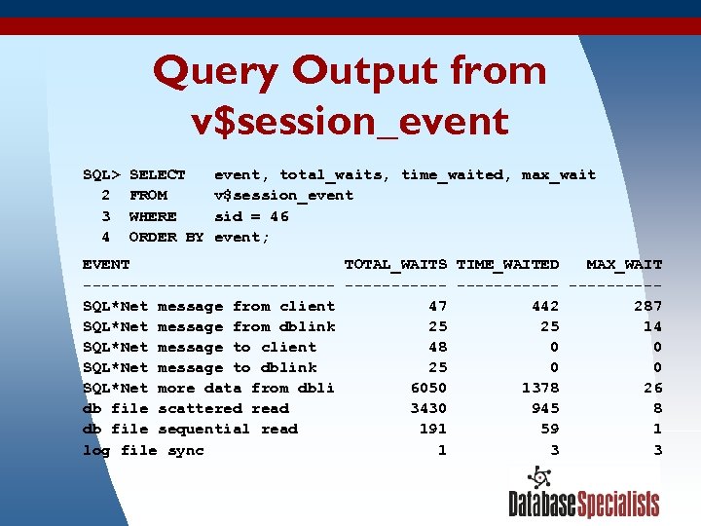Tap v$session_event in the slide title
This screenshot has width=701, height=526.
(350, 122)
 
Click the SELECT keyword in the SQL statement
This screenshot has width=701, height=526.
(157, 175)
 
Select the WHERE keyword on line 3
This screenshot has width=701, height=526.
(153, 216)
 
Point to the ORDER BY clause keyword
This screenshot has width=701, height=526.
(166, 237)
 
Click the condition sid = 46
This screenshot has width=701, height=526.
(251, 216)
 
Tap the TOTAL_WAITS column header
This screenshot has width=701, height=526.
(395, 264)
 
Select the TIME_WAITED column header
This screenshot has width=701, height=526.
(507, 264)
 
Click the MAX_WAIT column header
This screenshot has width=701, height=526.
(623, 264)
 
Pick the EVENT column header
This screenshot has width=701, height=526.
(106, 264)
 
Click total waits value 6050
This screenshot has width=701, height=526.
(428, 388)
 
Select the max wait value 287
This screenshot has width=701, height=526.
(647, 306)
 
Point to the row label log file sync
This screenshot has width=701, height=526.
(143, 450)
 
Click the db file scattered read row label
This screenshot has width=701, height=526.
(186, 409)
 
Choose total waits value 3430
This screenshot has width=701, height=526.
(428, 409)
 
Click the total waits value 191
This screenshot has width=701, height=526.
(432, 430)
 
